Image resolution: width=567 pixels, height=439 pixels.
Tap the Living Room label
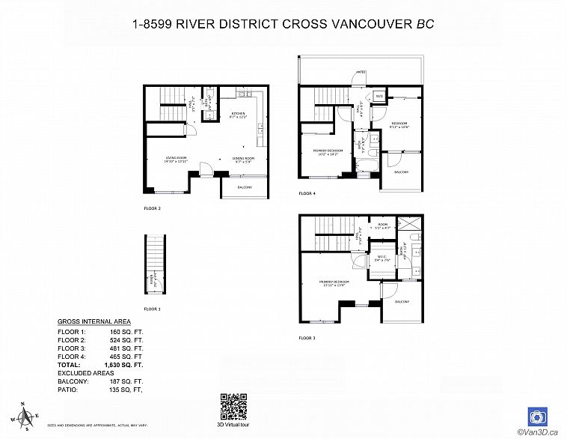coord(176,159)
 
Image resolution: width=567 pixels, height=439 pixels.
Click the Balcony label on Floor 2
coord(244,187)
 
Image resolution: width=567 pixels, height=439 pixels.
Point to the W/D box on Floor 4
coord(379,96)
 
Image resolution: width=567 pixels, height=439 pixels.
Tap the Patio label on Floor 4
coord(360,73)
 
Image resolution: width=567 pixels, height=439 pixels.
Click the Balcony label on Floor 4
coord(401,172)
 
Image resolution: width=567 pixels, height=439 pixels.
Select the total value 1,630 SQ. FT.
coord(127,365)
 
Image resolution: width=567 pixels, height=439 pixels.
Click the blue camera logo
coord(536,416)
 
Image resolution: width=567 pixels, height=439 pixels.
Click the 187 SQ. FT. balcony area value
coord(127,381)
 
